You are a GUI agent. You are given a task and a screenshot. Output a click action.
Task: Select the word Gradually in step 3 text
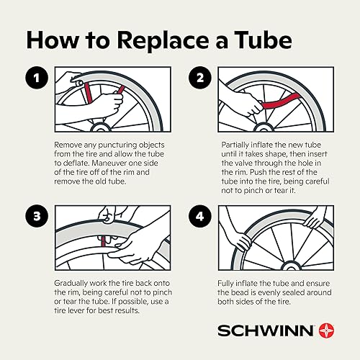75,284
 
